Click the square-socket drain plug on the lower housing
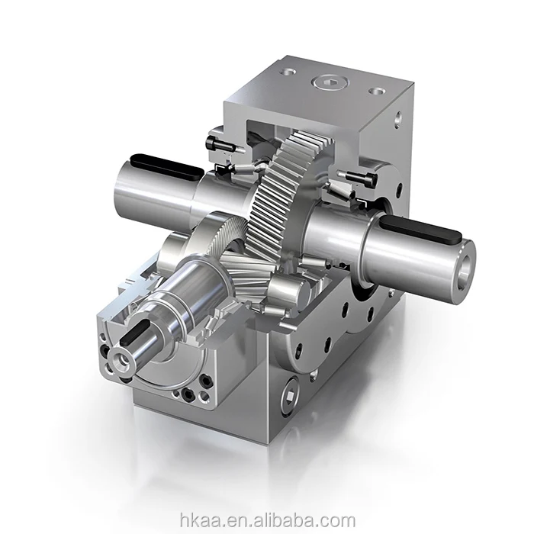pos(291,394)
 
